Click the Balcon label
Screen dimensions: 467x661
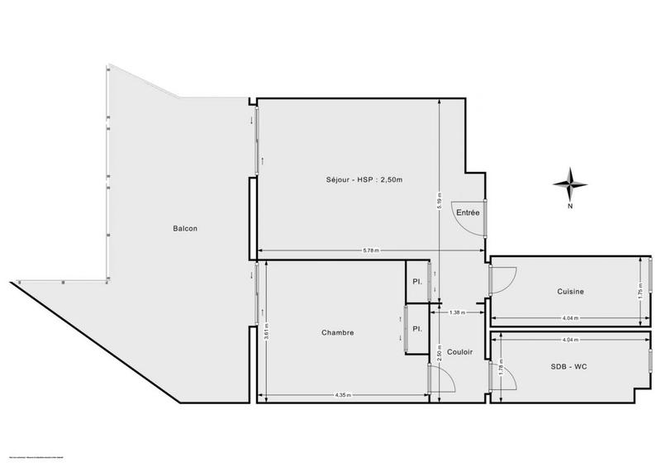coord(185,229)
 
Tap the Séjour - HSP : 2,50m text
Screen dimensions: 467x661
coord(363,180)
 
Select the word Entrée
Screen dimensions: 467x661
coord(468,212)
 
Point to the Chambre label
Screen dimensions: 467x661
coord(338,333)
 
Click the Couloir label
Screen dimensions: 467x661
coord(459,352)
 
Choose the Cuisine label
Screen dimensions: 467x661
coord(571,291)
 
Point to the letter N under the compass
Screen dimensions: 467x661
coord(570,207)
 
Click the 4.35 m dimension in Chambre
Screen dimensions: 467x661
coord(343,395)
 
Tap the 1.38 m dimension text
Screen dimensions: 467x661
coord(456,312)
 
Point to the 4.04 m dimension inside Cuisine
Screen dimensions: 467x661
coord(569,317)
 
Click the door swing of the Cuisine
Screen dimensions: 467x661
coord(503,279)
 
